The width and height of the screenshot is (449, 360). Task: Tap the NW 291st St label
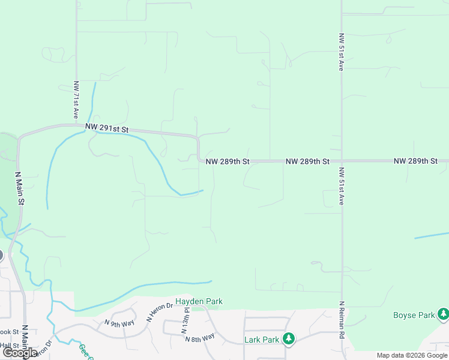pos(107,128)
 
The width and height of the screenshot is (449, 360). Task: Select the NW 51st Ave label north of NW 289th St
pos(341,52)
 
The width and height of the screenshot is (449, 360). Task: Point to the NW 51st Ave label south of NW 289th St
pos(341,186)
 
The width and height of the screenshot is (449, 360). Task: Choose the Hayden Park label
pos(199,301)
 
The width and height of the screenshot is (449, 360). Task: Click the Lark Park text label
pos(262,340)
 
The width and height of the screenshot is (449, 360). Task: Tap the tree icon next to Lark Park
pos(289,339)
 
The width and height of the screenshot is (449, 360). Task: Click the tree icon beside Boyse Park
pos(443,314)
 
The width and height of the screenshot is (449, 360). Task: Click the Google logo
pos(20,353)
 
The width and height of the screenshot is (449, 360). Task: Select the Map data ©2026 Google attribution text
pos(412,356)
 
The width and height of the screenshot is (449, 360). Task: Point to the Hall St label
pos(8,346)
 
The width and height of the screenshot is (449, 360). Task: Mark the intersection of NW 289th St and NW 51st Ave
pos(342,161)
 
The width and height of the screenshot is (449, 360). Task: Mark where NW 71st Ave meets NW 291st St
pos(76,125)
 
